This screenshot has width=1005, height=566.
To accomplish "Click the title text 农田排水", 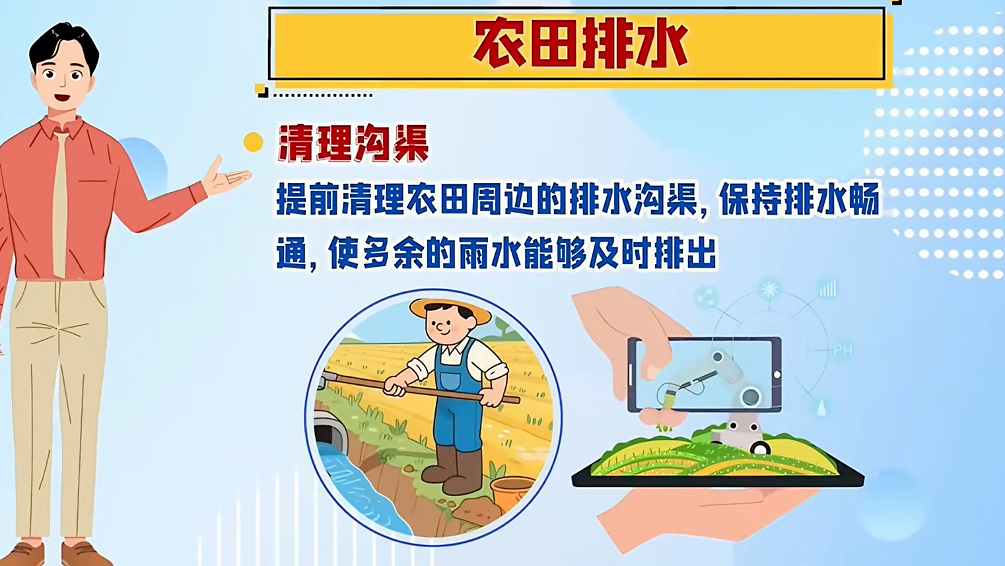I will pyautogui.click(x=580, y=45).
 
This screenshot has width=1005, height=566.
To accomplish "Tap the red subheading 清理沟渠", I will pyautogui.click(x=353, y=143).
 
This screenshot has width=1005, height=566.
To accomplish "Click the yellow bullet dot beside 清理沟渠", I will pyautogui.click(x=253, y=142).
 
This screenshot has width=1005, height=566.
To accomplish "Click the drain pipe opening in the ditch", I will pyautogui.click(x=330, y=436).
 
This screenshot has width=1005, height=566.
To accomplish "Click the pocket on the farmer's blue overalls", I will pyautogui.click(x=450, y=381).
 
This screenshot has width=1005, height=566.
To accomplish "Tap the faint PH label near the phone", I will pyautogui.click(x=842, y=350).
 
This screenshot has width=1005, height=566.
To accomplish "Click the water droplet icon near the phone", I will pyautogui.click(x=821, y=407).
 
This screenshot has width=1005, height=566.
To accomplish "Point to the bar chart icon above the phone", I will pyautogui.click(x=827, y=289).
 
